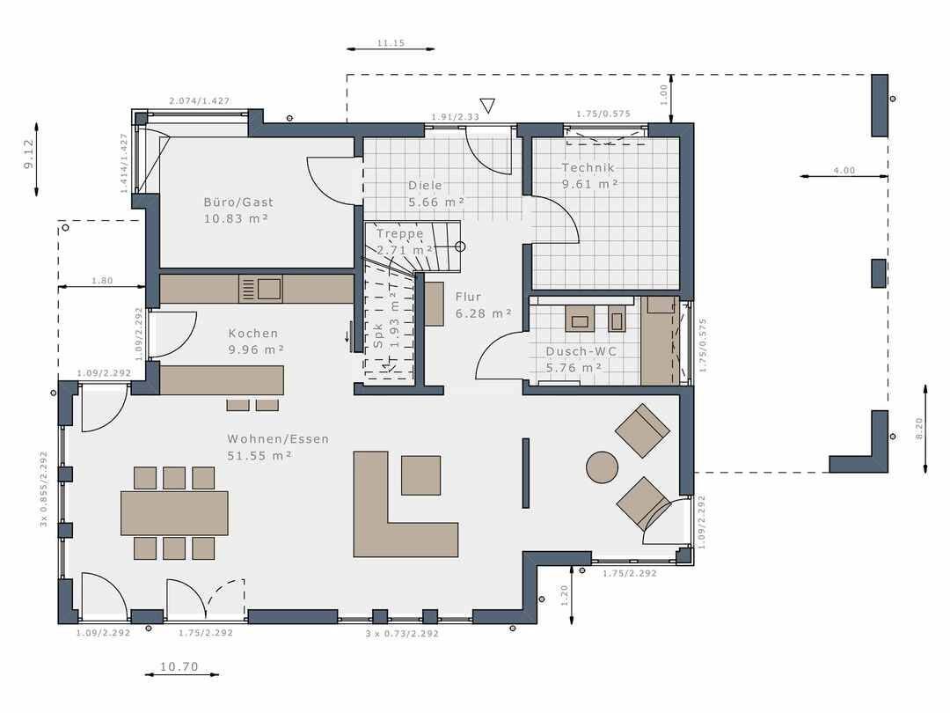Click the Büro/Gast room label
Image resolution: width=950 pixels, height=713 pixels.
pyautogui.click(x=232, y=202)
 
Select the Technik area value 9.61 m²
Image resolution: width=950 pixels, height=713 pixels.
pyautogui.click(x=590, y=184)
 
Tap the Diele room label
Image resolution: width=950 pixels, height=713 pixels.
pyautogui.click(x=425, y=186)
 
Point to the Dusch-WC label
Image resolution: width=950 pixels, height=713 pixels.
pyautogui.click(x=581, y=351)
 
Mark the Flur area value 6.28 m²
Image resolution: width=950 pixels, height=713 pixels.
pyautogui.click(x=484, y=312)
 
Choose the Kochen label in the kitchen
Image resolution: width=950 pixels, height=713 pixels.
pyautogui.click(x=253, y=333)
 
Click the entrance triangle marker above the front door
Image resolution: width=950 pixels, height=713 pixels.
pyautogui.click(x=487, y=107)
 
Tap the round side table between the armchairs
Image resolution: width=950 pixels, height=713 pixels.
pyautogui.click(x=603, y=467)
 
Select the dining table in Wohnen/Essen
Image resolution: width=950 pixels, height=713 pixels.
pyautogui.click(x=174, y=512)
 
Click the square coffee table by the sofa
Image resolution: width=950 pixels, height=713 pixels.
pyautogui.click(x=420, y=475)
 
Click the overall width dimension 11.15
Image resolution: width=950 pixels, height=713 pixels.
pyautogui.click(x=390, y=42)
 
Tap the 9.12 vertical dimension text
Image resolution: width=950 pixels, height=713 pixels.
pyautogui.click(x=28, y=153)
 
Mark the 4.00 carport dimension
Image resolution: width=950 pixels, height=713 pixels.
pyautogui.click(x=844, y=170)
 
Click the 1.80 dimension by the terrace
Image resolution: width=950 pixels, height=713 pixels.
pyautogui.click(x=102, y=281)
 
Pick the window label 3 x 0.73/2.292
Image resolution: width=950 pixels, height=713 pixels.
pyautogui.click(x=402, y=633)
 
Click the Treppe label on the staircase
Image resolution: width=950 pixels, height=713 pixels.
pyautogui.click(x=400, y=233)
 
